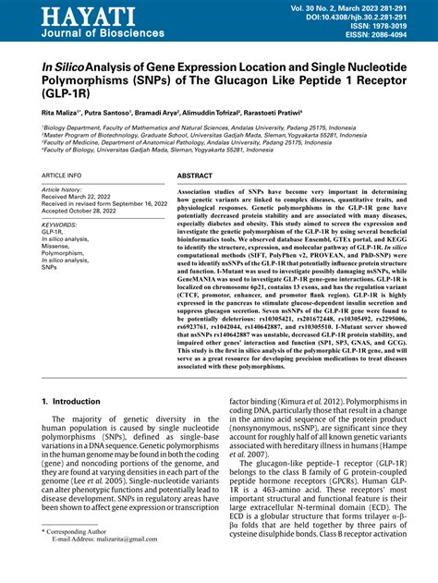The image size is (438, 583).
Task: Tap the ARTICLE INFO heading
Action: tap(62, 175)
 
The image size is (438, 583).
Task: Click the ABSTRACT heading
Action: tap(195, 175)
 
